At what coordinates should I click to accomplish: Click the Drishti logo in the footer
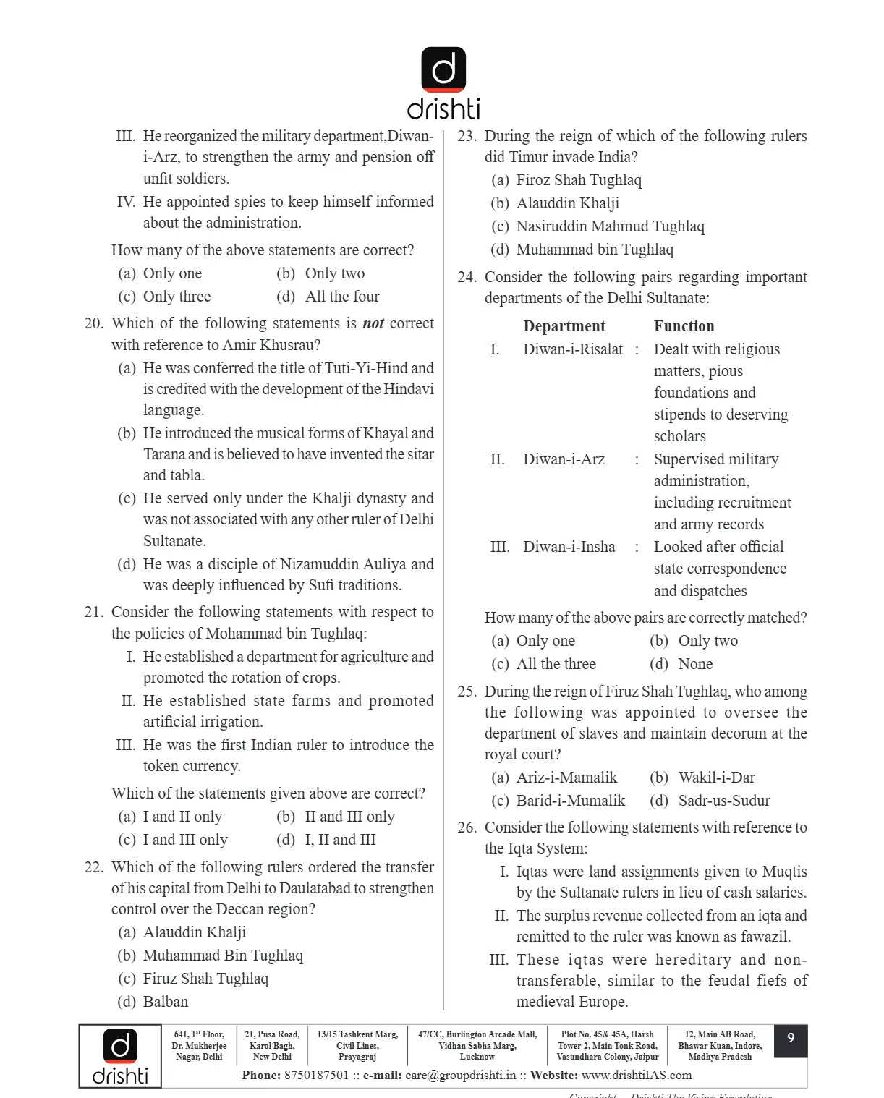click(x=120, y=1055)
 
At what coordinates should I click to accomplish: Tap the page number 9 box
click(x=791, y=1039)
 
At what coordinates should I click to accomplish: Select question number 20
click(x=94, y=323)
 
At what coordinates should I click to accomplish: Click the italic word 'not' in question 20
click(x=373, y=323)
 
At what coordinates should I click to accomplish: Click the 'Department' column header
click(x=564, y=326)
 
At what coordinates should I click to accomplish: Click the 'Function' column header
click(x=684, y=326)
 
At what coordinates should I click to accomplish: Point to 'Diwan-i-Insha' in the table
click(x=569, y=547)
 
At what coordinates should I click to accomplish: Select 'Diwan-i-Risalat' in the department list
click(x=573, y=349)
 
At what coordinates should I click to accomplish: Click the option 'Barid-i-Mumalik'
click(x=571, y=801)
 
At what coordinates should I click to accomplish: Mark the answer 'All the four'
click(x=342, y=297)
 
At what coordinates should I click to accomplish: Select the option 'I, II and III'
click(x=341, y=840)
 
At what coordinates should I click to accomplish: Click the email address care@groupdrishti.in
click(x=461, y=1075)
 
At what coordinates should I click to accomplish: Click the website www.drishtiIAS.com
click(x=637, y=1075)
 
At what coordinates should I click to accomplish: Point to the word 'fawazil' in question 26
click(x=764, y=937)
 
